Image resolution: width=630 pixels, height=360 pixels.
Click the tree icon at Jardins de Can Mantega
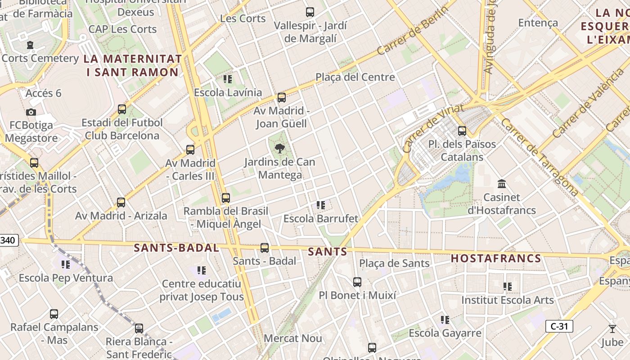[x=280, y=148]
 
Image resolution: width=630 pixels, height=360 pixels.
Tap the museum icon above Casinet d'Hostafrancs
[x=502, y=184]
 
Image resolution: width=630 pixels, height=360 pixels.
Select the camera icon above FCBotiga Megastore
[x=31, y=112]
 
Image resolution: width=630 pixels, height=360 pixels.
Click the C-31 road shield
[x=559, y=326]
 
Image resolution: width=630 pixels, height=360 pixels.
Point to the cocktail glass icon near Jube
[x=612, y=329]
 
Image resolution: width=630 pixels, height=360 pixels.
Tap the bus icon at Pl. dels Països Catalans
[x=462, y=131]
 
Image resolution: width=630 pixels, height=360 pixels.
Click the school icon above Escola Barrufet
[x=320, y=205]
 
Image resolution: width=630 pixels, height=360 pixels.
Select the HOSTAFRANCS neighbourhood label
[x=496, y=258]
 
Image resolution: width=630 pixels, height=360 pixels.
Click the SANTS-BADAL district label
[x=176, y=248]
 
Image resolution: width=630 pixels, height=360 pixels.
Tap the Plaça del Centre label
[x=355, y=77]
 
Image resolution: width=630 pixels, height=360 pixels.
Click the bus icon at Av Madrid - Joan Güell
[x=282, y=97]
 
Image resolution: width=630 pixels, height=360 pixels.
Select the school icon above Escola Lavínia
[x=228, y=79]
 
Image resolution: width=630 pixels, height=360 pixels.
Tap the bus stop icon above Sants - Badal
[x=265, y=247]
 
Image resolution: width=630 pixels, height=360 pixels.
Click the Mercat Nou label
[x=292, y=338]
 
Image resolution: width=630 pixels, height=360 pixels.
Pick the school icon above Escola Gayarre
[x=445, y=320]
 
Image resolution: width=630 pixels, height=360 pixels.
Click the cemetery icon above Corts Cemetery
[x=30, y=45]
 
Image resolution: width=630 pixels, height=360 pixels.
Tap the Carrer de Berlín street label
[x=414, y=31]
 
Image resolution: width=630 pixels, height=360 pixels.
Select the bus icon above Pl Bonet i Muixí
[x=357, y=282]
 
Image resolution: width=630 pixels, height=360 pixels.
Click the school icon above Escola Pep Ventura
[x=66, y=264]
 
